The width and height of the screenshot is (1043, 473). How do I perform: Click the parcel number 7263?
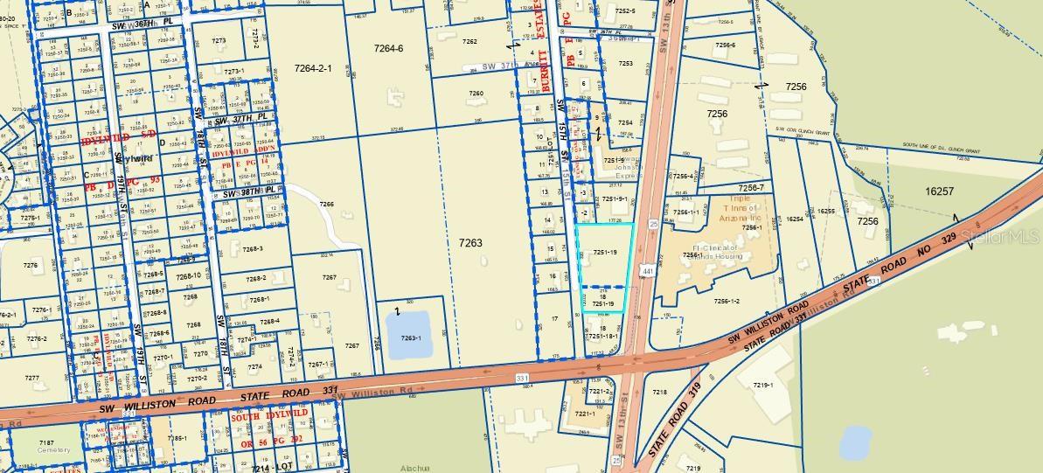(x=469, y=243)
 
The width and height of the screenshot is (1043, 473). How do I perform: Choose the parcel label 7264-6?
(x=388, y=49)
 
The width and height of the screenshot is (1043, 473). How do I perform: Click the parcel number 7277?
(x=32, y=379)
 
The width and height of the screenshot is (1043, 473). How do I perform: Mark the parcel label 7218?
(x=659, y=393)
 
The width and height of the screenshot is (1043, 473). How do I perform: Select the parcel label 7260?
(x=476, y=94)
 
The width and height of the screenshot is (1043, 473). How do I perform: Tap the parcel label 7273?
(x=219, y=41)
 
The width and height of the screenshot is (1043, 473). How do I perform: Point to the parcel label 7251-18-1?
(x=603, y=336)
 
